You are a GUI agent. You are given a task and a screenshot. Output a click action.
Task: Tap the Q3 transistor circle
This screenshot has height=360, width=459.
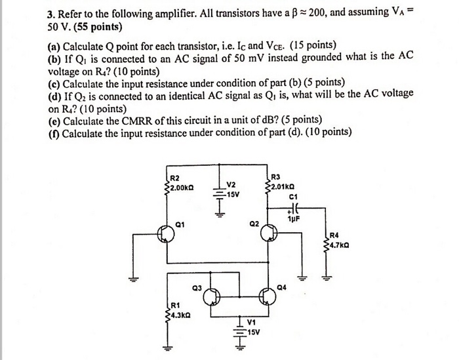211,298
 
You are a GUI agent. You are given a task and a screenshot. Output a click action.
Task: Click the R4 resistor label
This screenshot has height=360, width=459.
334,236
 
